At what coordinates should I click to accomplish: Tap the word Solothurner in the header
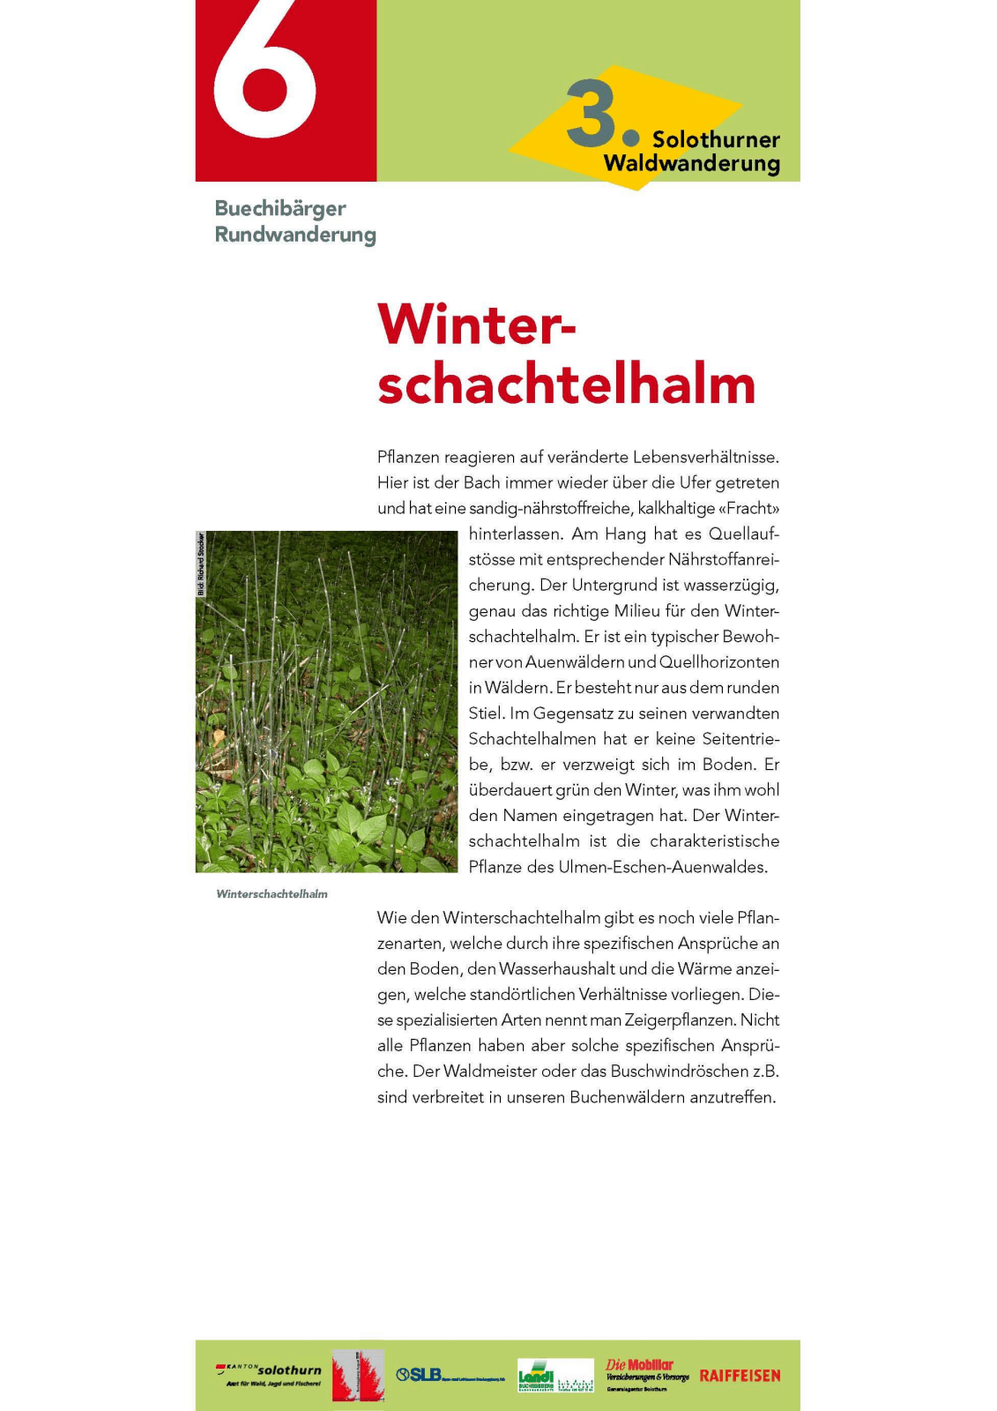716,139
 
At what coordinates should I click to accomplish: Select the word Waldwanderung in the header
692,164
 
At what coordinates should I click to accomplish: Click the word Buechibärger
280,209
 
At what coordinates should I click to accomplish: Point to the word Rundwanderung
295,235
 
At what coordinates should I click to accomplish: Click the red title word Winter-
476,325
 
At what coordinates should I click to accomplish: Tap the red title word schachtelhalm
566,384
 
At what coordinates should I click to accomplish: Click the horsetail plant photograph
326,701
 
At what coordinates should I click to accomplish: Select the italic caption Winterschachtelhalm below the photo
272,894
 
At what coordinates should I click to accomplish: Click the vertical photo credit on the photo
201,564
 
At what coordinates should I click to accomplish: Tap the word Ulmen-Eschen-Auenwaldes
663,868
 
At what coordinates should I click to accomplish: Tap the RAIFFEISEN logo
740,1376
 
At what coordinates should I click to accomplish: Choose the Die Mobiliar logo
647,1374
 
